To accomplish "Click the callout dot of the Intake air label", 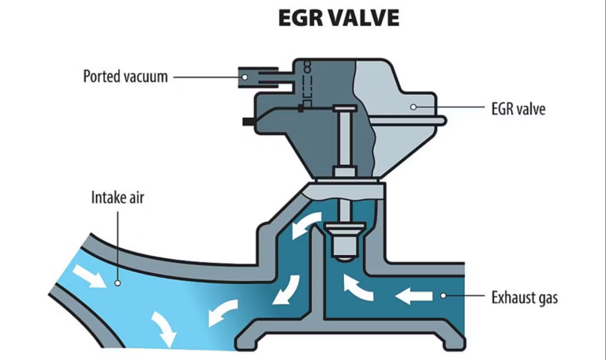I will [117, 279].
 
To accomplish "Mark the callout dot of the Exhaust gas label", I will [443, 296].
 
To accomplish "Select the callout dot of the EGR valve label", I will [413, 105].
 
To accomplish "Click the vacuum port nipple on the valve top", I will [253, 76].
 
